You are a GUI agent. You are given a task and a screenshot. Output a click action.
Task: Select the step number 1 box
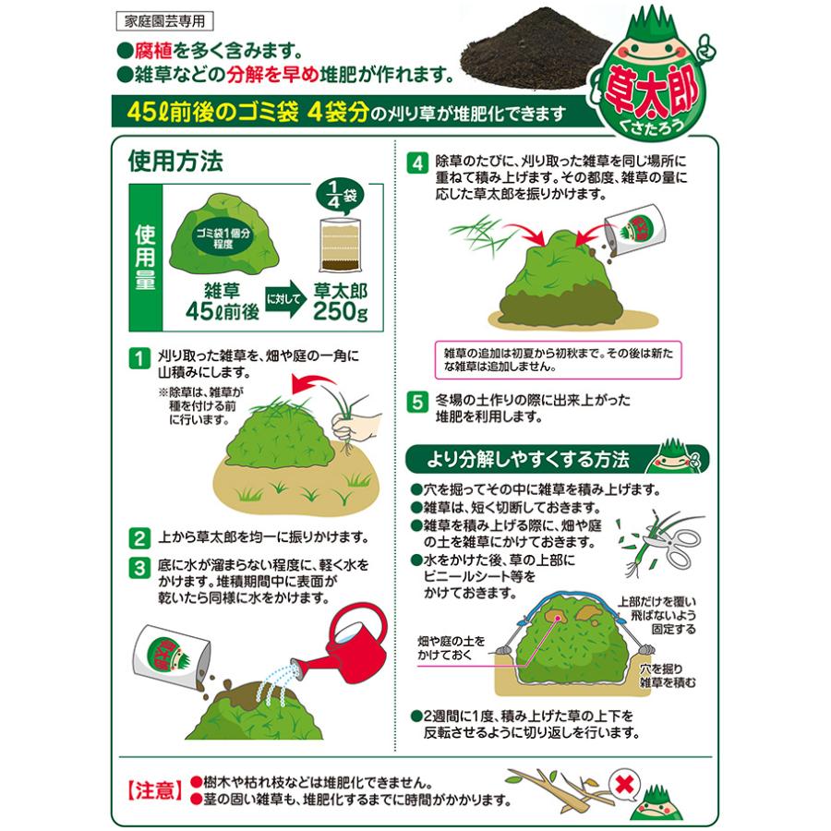[139, 356]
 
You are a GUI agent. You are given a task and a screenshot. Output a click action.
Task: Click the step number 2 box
[139, 537]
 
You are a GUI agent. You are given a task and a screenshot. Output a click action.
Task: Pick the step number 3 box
[139, 566]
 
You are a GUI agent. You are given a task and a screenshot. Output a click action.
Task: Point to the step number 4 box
[418, 163]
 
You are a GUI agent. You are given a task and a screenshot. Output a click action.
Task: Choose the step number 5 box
[418, 403]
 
